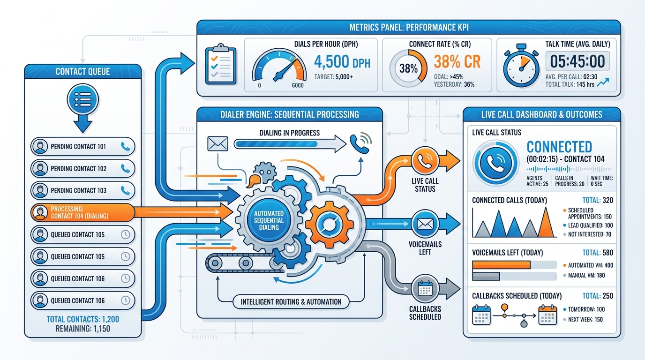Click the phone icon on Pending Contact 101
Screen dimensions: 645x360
pyautogui.click(x=125, y=147)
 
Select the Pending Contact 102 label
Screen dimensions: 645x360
pyautogui.click(x=79, y=168)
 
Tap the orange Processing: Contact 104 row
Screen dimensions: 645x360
pyautogui.click(x=82, y=212)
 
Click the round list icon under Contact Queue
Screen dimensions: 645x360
pyautogui.click(x=83, y=100)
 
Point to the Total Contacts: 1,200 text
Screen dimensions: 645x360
pyautogui.click(x=83, y=319)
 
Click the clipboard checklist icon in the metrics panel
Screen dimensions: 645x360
pyautogui.click(x=221, y=64)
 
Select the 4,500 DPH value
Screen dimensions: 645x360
pyautogui.click(x=342, y=62)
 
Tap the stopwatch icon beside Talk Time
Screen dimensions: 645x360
pyautogui.click(x=521, y=66)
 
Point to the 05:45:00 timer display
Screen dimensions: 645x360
pyautogui.click(x=577, y=61)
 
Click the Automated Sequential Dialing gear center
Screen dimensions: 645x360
pyautogui.click(x=269, y=220)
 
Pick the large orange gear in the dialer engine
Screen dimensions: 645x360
pyautogui.click(x=329, y=225)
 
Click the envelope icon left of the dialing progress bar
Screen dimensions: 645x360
pyautogui.click(x=217, y=143)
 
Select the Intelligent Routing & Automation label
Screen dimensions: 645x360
pyautogui.click(x=291, y=302)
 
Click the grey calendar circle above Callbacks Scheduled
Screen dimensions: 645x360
pyautogui.click(x=425, y=289)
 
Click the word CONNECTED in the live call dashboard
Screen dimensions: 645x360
pyautogui.click(x=559, y=147)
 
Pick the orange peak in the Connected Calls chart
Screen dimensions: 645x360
pyautogui.click(x=545, y=222)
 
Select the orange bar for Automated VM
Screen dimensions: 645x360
pyautogui.click(x=501, y=265)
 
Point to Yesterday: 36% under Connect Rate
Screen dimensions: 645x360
pyautogui.click(x=454, y=85)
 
